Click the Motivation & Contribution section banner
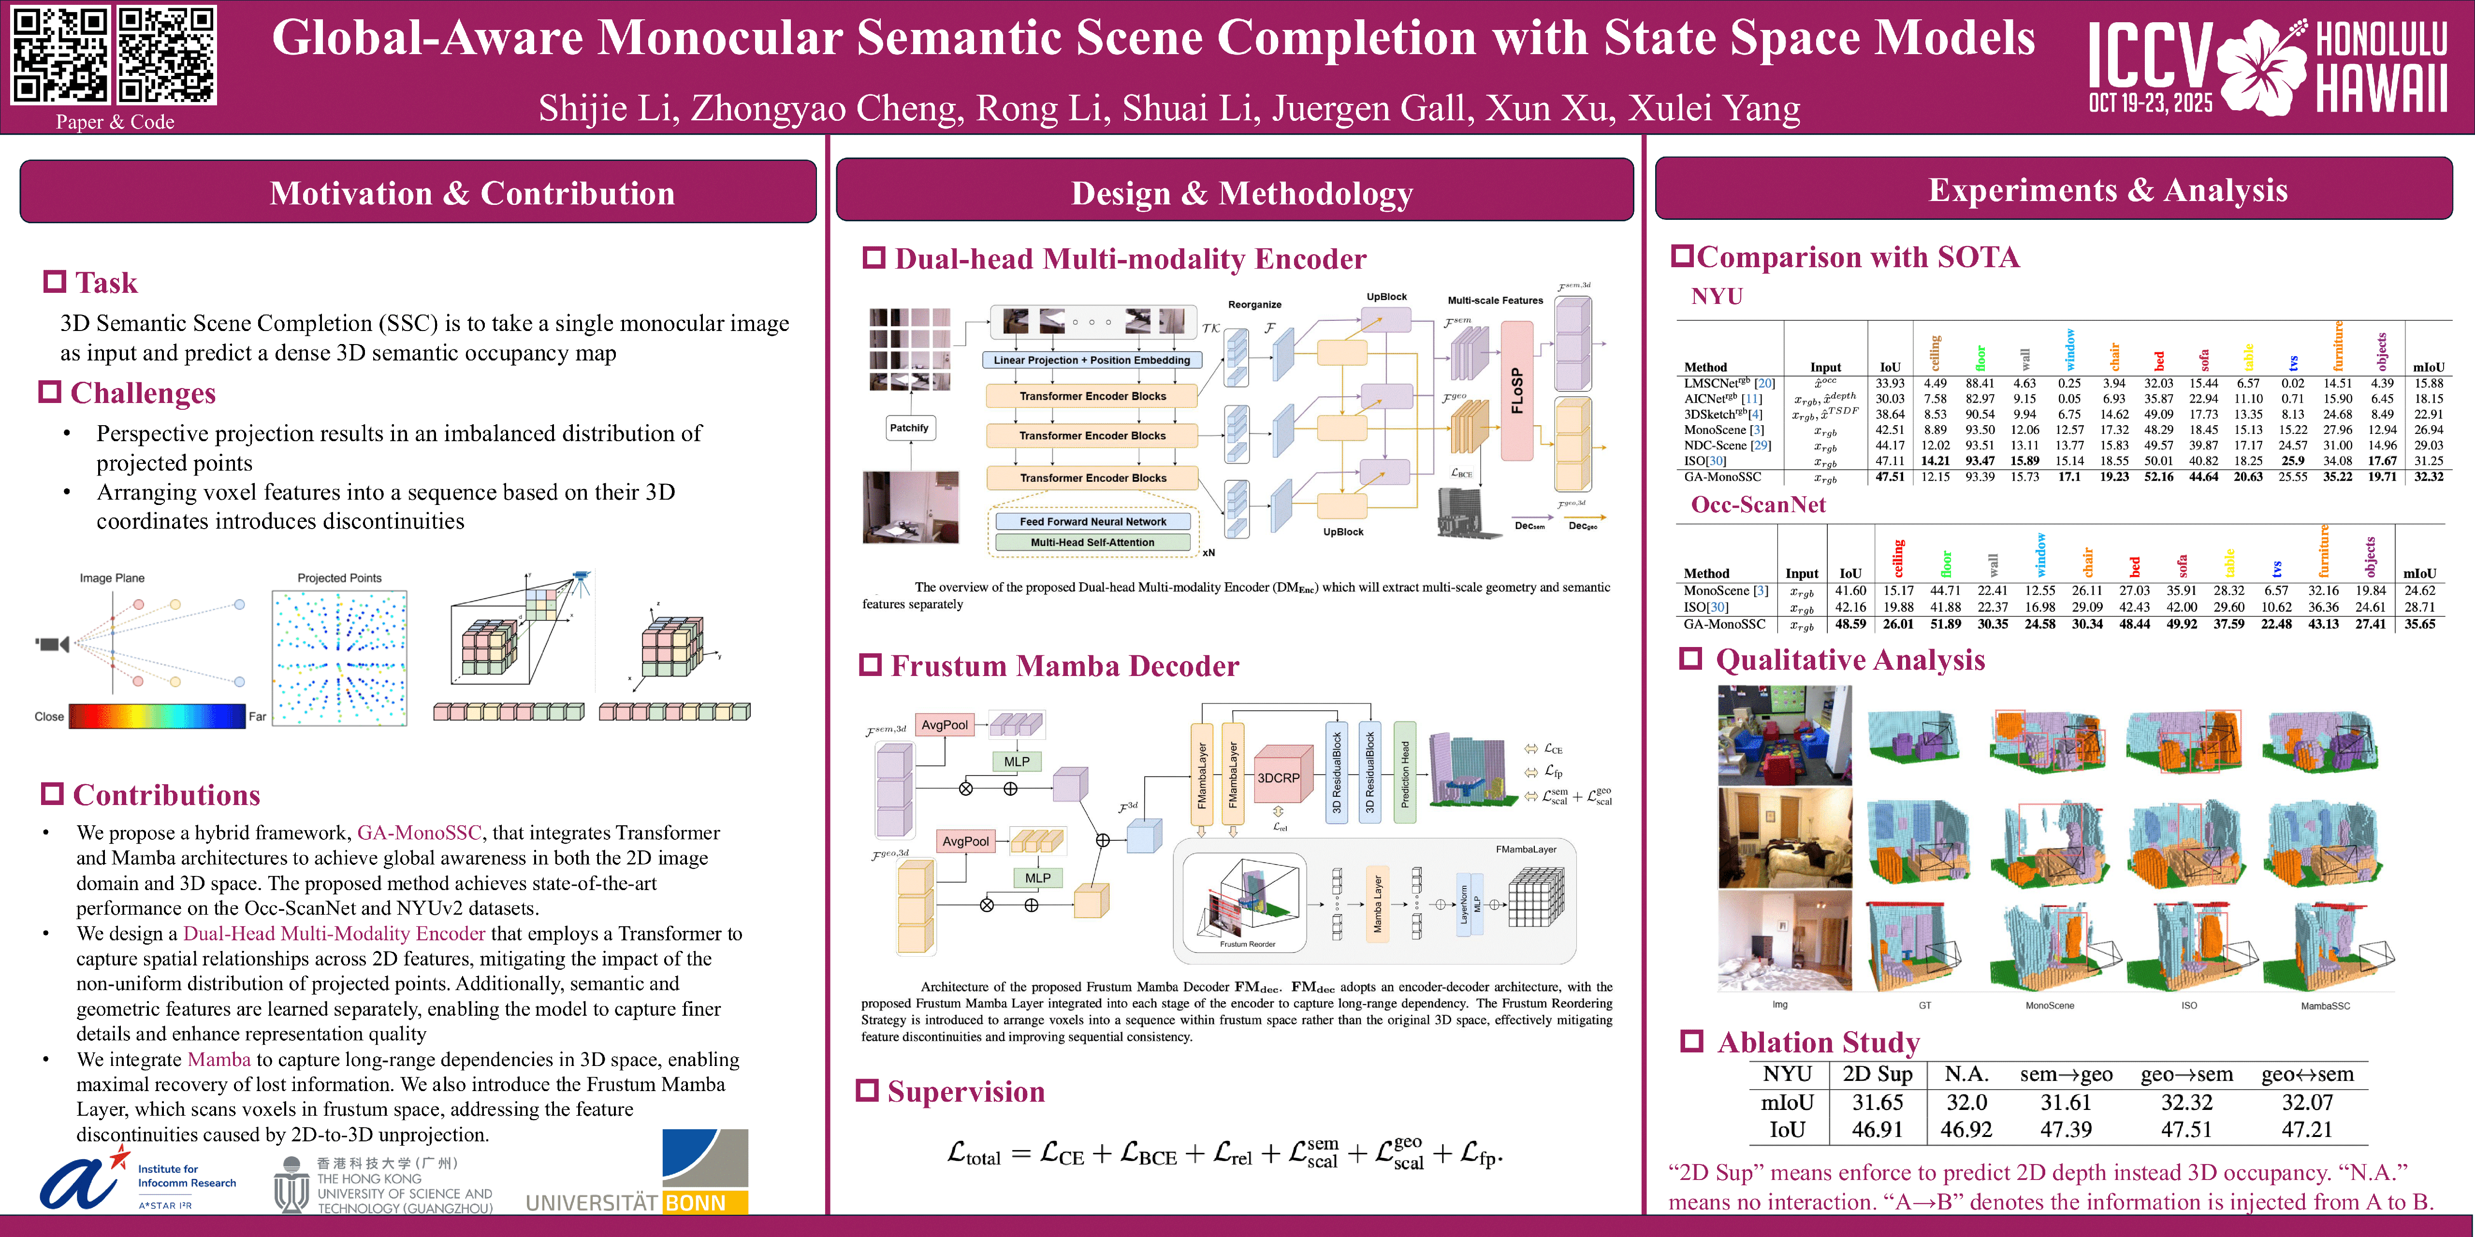tap(418, 192)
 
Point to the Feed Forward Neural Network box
tap(1092, 521)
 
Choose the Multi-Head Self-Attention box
tap(1092, 543)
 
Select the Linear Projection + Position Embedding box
tap(1092, 360)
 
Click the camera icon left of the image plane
tap(53, 644)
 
